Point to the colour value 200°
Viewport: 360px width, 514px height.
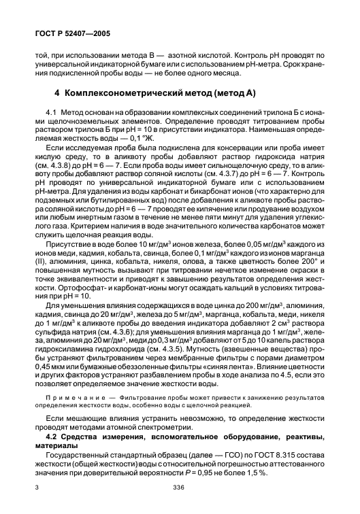(x=306, y=242)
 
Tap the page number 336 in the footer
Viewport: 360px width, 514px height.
(x=180, y=488)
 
